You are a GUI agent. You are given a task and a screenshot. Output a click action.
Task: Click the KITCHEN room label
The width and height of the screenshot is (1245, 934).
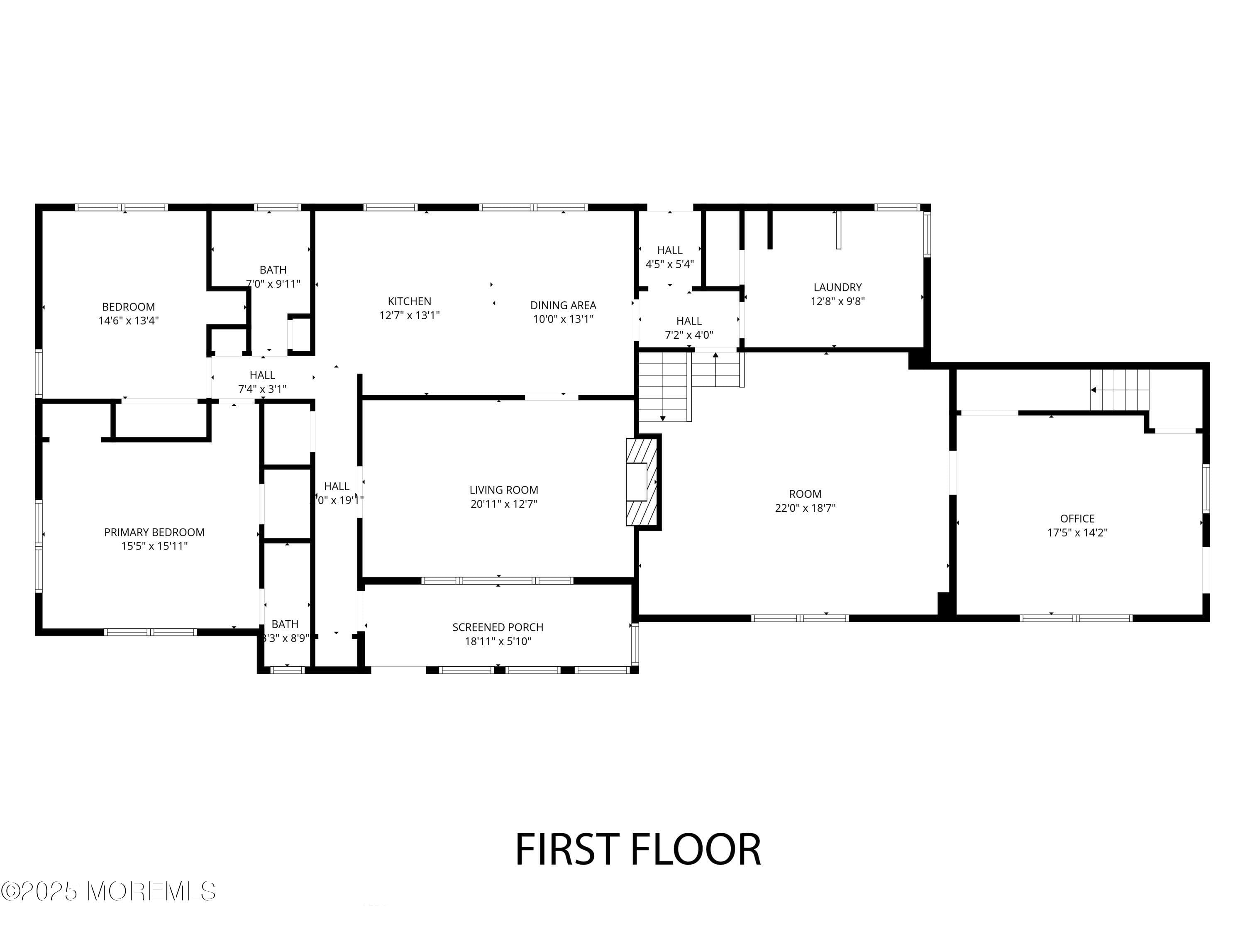click(x=409, y=301)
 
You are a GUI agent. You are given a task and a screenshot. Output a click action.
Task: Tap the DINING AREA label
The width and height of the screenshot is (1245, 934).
click(x=563, y=305)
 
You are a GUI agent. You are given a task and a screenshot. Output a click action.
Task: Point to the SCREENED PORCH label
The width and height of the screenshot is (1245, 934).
click(x=498, y=627)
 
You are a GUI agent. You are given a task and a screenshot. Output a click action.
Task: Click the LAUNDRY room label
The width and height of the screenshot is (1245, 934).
click(x=837, y=287)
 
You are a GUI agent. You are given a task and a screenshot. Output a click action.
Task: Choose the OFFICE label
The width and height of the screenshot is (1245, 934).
click(x=1077, y=518)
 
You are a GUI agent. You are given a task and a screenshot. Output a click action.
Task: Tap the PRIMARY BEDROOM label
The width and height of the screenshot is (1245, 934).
click(x=154, y=532)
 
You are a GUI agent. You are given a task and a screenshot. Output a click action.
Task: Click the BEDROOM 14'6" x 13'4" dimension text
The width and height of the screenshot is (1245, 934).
click(x=128, y=321)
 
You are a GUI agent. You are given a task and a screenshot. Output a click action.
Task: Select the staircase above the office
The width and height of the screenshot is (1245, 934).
click(x=1119, y=390)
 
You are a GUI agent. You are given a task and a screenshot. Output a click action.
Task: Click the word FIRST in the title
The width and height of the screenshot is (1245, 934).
click(x=567, y=850)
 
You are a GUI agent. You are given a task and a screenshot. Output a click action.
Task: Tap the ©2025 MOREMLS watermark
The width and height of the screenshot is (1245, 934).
click(x=108, y=891)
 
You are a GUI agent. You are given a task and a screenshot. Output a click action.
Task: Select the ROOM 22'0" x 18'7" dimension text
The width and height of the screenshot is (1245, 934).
click(x=805, y=508)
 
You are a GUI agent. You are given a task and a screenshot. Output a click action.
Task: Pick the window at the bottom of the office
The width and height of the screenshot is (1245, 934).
click(x=1076, y=618)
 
